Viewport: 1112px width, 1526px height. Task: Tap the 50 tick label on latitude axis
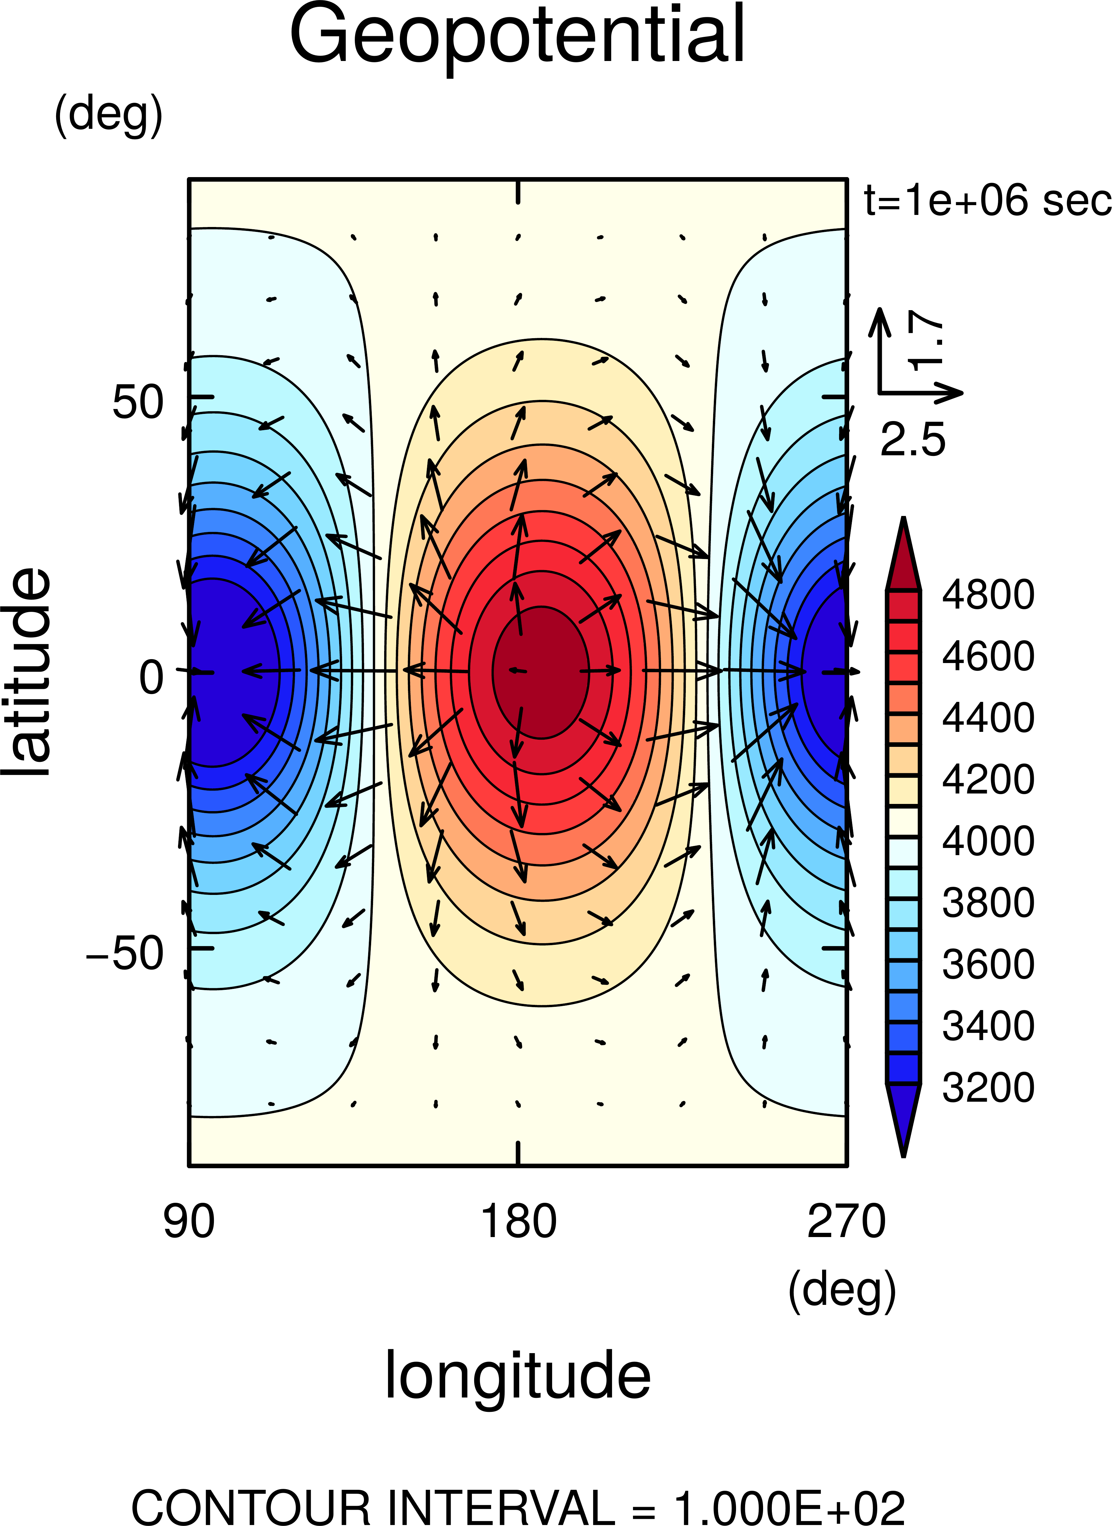(138, 402)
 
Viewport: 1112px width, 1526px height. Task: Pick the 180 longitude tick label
(518, 1222)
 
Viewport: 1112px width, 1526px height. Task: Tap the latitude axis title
(27, 672)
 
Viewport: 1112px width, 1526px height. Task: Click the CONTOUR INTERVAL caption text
(517, 1508)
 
